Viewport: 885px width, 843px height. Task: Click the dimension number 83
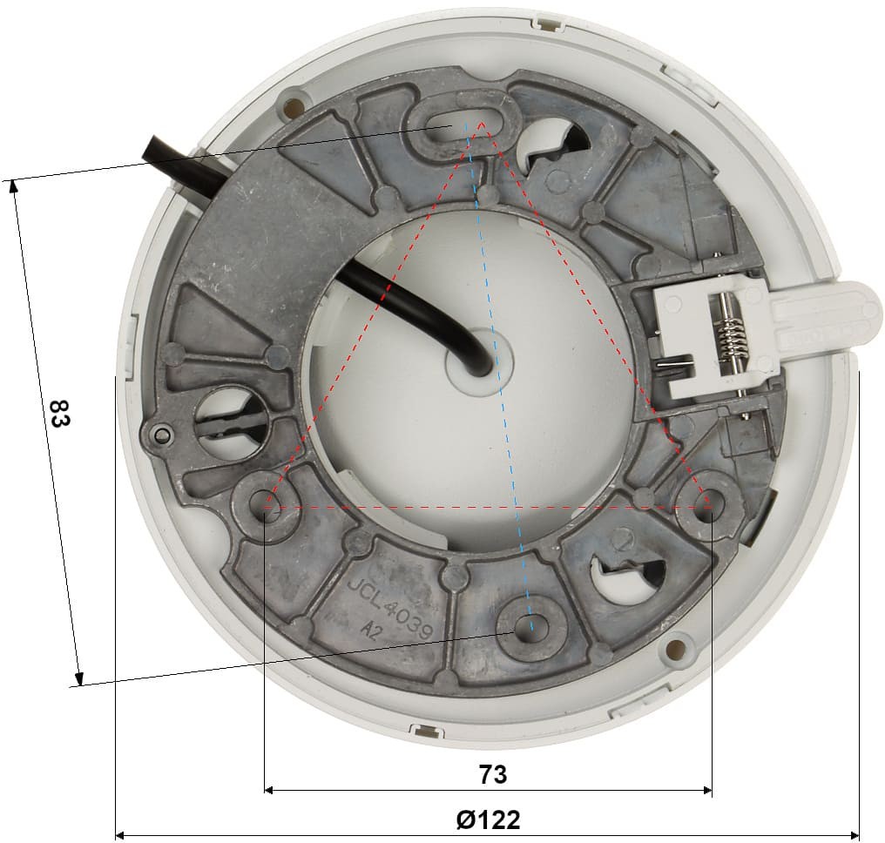pyautogui.click(x=59, y=413)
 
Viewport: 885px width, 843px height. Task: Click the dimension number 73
pyautogui.click(x=493, y=774)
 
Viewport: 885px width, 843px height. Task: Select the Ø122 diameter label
pyautogui.click(x=488, y=819)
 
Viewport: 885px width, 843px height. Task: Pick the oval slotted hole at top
pyautogui.click(x=463, y=123)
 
